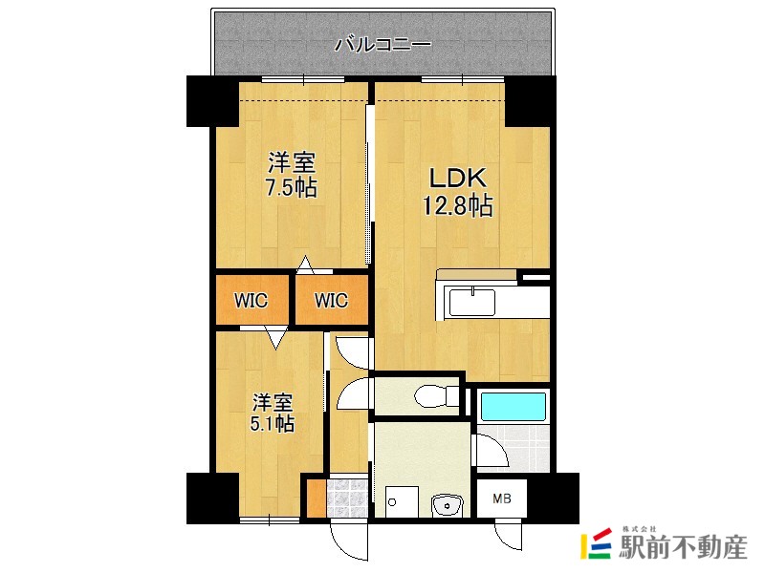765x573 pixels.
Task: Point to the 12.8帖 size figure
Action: tap(457, 205)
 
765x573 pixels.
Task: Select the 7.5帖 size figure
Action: tap(291, 186)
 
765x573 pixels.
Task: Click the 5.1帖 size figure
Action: tap(273, 423)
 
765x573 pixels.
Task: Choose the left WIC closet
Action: tap(251, 301)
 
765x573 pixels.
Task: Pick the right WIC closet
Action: tap(331, 301)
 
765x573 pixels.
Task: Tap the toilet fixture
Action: tap(435, 394)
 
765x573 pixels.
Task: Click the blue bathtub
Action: tap(513, 405)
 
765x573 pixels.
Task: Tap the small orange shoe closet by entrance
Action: tap(317, 498)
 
